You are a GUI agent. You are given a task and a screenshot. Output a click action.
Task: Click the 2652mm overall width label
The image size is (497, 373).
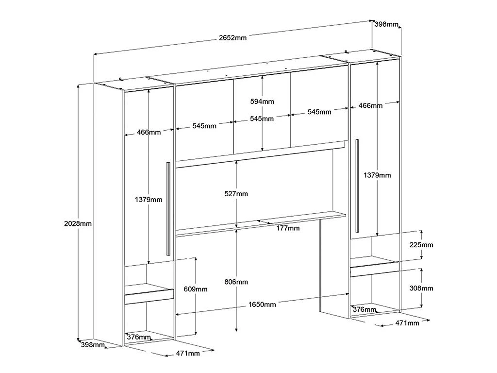pos(232,38)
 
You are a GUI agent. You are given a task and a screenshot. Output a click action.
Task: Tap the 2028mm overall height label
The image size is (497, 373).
pos(78,223)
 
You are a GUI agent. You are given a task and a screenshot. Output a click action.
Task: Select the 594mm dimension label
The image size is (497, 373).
pos(262,102)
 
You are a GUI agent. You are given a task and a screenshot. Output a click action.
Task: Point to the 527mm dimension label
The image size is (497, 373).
pos(236,194)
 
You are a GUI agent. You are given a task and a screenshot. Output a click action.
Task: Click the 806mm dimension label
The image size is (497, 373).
pos(236,282)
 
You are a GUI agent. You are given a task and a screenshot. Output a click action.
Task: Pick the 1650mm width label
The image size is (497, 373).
pos(262,305)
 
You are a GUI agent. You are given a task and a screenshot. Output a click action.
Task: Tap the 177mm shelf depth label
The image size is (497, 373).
pos(288,228)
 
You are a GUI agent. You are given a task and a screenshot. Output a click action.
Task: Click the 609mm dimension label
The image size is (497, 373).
pos(196,289)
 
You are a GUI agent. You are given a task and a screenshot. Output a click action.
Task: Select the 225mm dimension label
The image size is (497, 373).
pos(421,245)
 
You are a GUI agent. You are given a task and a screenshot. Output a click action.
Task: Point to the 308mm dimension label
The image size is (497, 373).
pos(421,288)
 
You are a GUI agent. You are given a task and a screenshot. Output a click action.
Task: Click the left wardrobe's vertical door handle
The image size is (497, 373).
pos(168,209)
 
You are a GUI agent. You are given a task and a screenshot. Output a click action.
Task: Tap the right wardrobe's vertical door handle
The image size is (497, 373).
pos(357,186)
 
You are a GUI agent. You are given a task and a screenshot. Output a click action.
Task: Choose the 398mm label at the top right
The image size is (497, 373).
pos(386,24)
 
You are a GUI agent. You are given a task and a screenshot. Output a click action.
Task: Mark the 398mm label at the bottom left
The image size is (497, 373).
pos(93,344)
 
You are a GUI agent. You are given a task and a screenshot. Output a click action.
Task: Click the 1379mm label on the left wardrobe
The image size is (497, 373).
pos(149,200)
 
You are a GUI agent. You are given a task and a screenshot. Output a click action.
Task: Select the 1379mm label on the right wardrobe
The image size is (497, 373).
pos(377,175)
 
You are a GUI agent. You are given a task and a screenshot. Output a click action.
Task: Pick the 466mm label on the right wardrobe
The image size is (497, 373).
pos(370,105)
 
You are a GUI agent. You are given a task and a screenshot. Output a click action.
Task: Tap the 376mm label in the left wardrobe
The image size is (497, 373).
pos(139,337)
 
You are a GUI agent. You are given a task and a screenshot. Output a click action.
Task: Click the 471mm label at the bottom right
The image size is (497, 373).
pos(407,323)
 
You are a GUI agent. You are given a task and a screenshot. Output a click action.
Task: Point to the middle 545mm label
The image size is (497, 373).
pos(262,119)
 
